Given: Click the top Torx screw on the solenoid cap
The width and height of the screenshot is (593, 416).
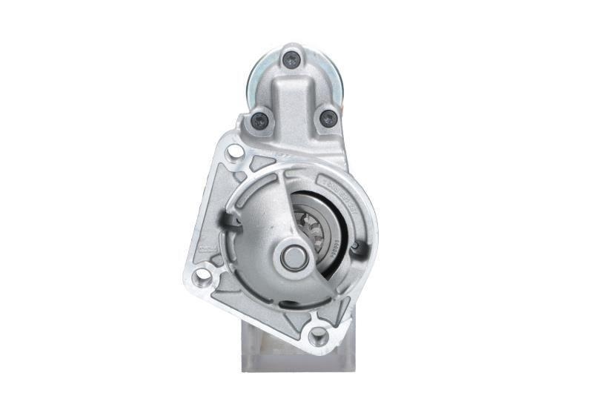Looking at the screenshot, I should coord(292,59).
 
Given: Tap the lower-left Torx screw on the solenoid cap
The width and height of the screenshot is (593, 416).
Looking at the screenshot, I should coord(260,119).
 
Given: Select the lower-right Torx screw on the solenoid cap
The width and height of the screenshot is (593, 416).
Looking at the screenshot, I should coord(327,118).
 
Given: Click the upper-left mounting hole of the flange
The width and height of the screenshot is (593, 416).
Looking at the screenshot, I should coord(234,153).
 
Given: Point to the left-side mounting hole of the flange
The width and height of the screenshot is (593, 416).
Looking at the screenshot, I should coord(201,277).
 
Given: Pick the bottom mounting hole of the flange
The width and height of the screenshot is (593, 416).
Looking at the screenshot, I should coord(318,336).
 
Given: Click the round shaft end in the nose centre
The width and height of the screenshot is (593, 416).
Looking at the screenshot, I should coord(292,257).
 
